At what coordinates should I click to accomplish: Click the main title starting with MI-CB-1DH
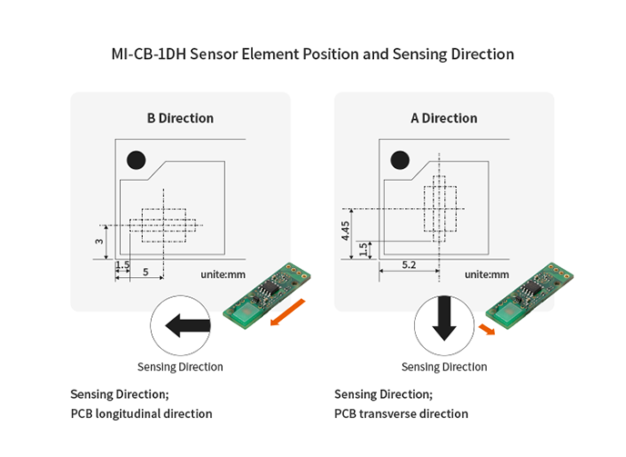pos(312,55)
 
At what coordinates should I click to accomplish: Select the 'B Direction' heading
pos(180,118)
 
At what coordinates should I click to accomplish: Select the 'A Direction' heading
pos(444,118)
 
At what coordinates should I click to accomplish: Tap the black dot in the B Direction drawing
pos(136,161)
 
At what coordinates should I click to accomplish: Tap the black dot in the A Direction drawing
pos(399,161)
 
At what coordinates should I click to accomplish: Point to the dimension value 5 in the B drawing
pos(146,273)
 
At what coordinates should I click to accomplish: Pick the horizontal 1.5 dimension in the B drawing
pos(123,264)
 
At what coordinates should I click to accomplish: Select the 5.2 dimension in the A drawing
pos(409,264)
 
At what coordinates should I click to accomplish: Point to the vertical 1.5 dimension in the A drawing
pos(364,249)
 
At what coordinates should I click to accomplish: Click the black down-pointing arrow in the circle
pos(444,320)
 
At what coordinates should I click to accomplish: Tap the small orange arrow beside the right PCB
pos(489,329)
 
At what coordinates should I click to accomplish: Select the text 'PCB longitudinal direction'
pos(141,413)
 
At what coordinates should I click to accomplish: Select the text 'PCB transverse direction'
pos(401,413)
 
